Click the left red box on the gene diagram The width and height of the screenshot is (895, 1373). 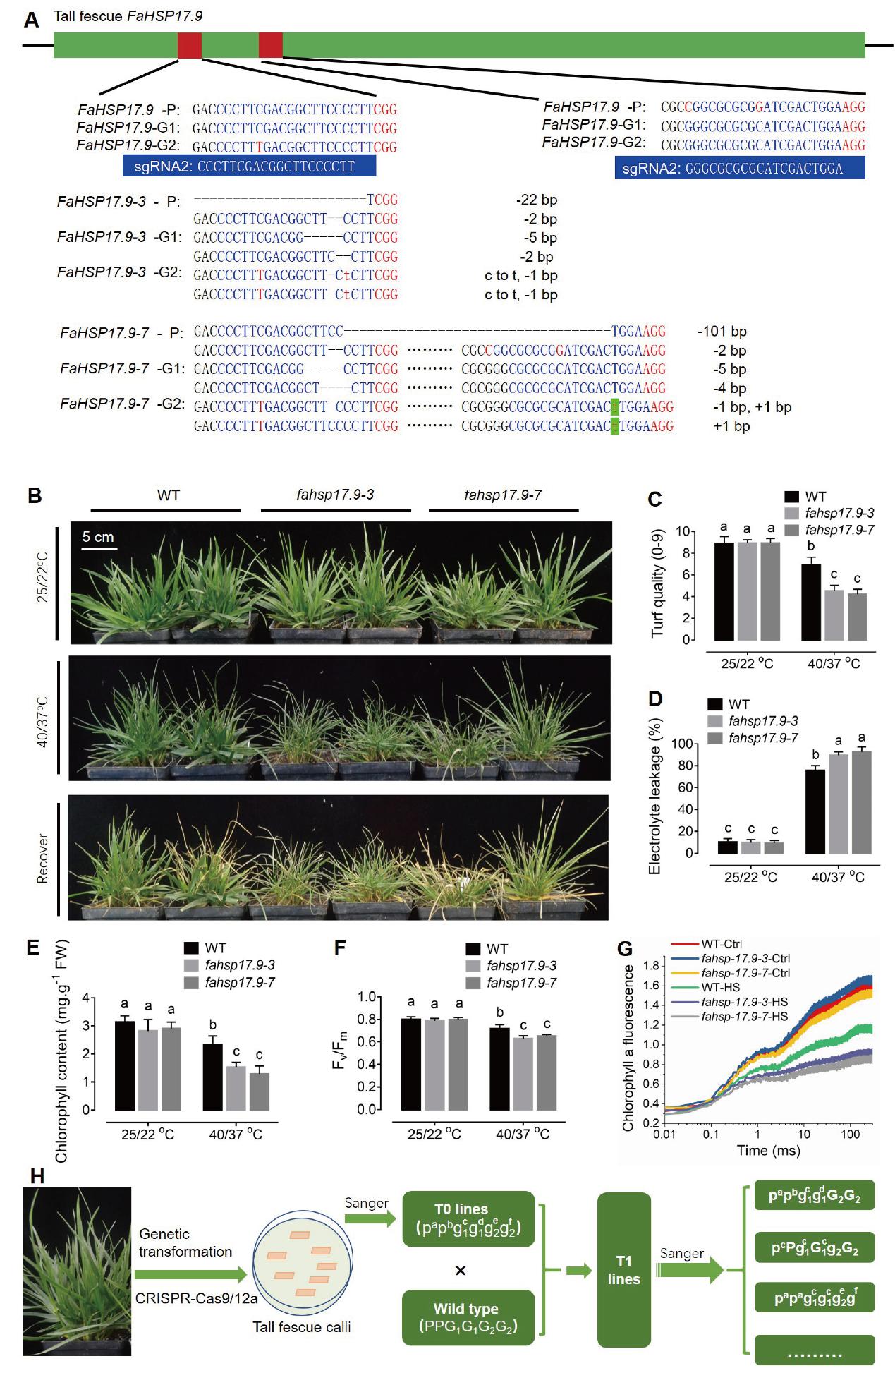coord(189,45)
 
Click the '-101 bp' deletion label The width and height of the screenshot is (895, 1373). coord(722,332)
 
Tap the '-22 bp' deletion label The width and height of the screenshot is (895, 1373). coord(536,200)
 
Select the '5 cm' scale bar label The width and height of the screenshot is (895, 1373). coord(98,537)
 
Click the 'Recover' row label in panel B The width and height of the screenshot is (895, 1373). coord(43,859)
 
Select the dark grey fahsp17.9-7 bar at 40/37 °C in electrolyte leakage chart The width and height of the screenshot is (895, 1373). coord(861,802)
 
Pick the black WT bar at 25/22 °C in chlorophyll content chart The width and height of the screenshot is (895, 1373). coord(124,1066)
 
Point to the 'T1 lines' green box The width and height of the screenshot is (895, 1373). coord(623,1270)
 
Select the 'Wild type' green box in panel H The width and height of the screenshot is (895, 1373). coord(465,1317)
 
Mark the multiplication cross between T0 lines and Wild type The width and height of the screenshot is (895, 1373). coord(461,1270)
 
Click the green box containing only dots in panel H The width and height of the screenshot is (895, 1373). coord(814,1350)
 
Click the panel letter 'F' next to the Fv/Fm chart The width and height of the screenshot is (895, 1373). coord(340,948)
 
